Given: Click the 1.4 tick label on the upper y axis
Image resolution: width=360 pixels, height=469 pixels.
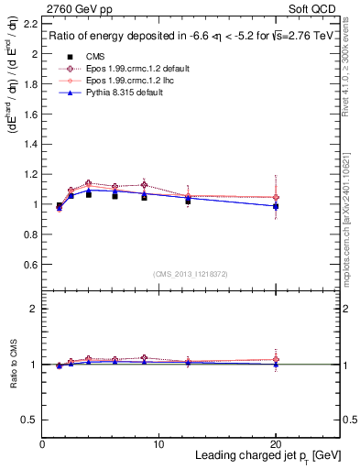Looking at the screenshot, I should [31, 144].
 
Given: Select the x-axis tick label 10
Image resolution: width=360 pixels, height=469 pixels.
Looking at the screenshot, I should [158, 444].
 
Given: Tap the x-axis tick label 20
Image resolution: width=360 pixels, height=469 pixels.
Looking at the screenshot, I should [276, 444].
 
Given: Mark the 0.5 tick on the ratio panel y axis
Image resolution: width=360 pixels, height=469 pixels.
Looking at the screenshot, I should [31, 420].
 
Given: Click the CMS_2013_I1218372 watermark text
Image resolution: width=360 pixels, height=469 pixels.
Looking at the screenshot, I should [190, 273].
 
